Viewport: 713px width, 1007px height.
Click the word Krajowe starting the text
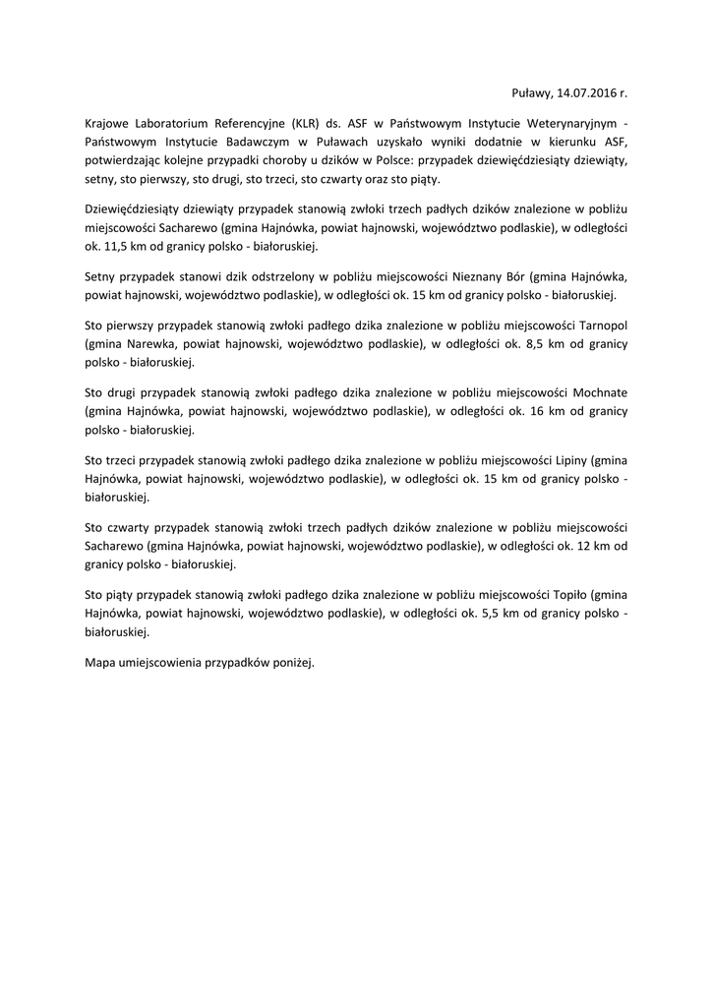108,123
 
